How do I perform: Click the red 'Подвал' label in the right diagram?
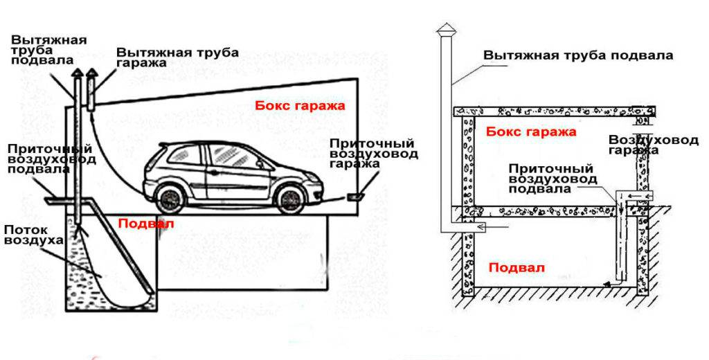[x=517, y=267]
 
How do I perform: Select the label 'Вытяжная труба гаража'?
[x=177, y=57]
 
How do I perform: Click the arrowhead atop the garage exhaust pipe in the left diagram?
[x=91, y=73]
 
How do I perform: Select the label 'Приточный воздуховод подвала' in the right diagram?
[x=550, y=179]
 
